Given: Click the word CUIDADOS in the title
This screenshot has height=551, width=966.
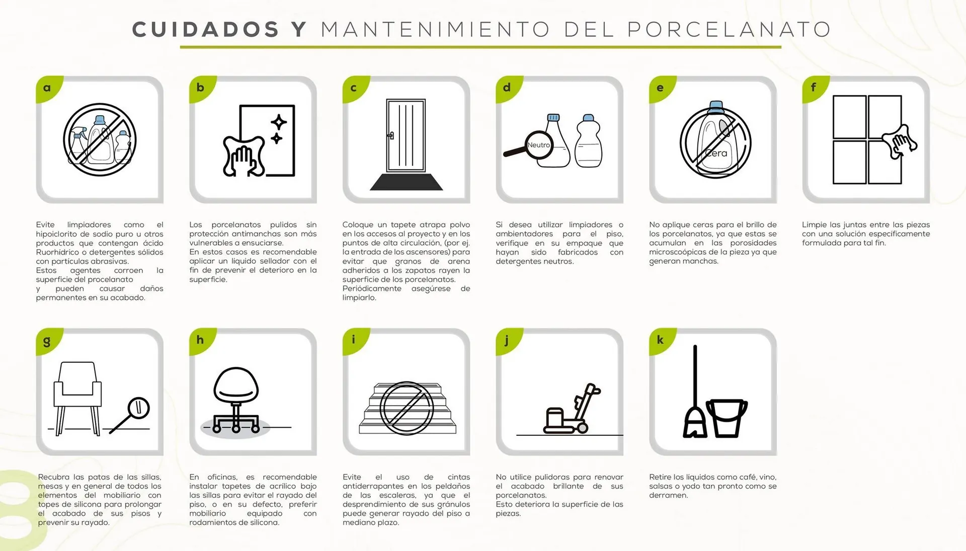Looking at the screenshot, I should click(x=205, y=29).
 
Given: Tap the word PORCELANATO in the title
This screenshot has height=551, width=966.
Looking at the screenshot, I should click(x=729, y=29).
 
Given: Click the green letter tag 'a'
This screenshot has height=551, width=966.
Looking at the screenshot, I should click(x=47, y=88).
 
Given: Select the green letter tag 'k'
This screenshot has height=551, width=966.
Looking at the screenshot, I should click(x=660, y=340).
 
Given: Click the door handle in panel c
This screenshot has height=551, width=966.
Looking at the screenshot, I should click(x=390, y=135).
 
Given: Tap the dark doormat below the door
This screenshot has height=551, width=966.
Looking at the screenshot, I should click(x=407, y=182).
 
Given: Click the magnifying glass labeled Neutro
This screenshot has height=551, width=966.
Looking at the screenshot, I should click(x=538, y=145).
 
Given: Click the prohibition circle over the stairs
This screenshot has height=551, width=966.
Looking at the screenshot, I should click(x=407, y=408).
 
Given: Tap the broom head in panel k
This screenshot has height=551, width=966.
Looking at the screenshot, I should click(x=695, y=423).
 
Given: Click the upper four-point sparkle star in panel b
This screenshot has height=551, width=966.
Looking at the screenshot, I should click(x=279, y=122).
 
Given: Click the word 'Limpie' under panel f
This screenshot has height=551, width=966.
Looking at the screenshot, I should click(x=814, y=225).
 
